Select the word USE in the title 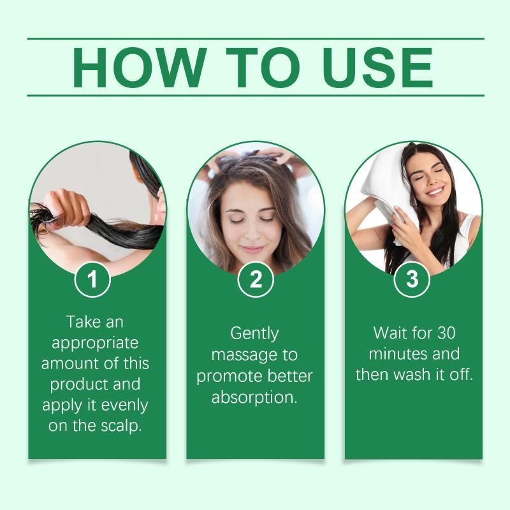click(x=378, y=68)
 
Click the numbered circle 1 click(x=92, y=279)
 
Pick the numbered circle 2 click(x=256, y=279)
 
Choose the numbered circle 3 click(x=412, y=279)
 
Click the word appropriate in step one click(x=95, y=344)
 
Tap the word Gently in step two click(x=254, y=333)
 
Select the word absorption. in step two click(x=254, y=397)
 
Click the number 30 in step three click(x=446, y=333)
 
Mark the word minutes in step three click(x=391, y=354)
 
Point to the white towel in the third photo click(x=386, y=189)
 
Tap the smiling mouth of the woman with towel click(x=435, y=191)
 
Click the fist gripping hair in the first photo click(x=66, y=208)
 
